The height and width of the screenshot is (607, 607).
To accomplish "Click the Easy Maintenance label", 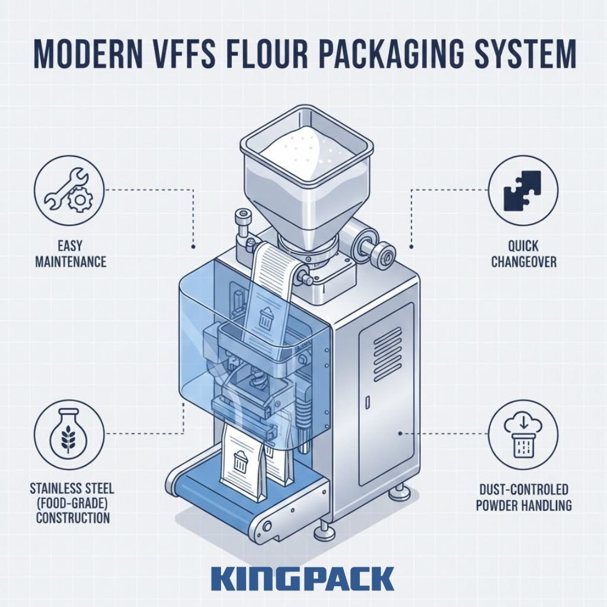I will (70, 254).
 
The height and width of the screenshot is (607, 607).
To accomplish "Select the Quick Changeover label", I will (523, 254).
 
